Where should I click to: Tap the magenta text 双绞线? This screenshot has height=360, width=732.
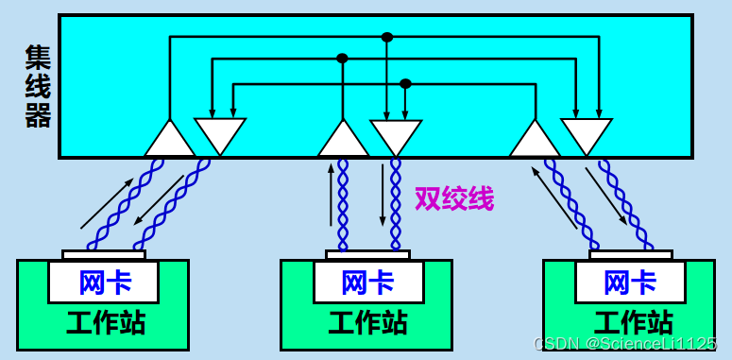(x=454, y=198)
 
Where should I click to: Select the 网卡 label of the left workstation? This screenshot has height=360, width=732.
(x=105, y=282)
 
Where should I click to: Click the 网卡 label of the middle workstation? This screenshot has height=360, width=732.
(x=367, y=282)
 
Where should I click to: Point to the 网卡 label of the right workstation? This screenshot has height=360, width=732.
(x=630, y=282)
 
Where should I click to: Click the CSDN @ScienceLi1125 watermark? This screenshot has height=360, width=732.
(x=625, y=344)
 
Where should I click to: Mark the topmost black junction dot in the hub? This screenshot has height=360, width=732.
(x=386, y=38)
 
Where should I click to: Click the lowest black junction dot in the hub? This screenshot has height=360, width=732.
(x=405, y=83)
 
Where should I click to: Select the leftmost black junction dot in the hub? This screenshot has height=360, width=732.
(x=342, y=59)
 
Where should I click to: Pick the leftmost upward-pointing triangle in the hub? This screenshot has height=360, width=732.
(x=170, y=140)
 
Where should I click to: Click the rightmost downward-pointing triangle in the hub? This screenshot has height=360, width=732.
(x=586, y=135)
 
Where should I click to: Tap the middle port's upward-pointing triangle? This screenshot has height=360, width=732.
(x=343, y=140)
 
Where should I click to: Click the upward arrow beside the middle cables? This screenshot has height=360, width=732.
(x=330, y=194)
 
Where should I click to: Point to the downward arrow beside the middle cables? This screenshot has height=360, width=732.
(x=382, y=194)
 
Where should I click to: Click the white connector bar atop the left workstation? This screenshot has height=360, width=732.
(x=104, y=255)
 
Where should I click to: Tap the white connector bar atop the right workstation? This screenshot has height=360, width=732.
(x=630, y=255)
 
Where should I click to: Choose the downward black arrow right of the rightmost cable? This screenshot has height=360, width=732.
(x=606, y=197)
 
